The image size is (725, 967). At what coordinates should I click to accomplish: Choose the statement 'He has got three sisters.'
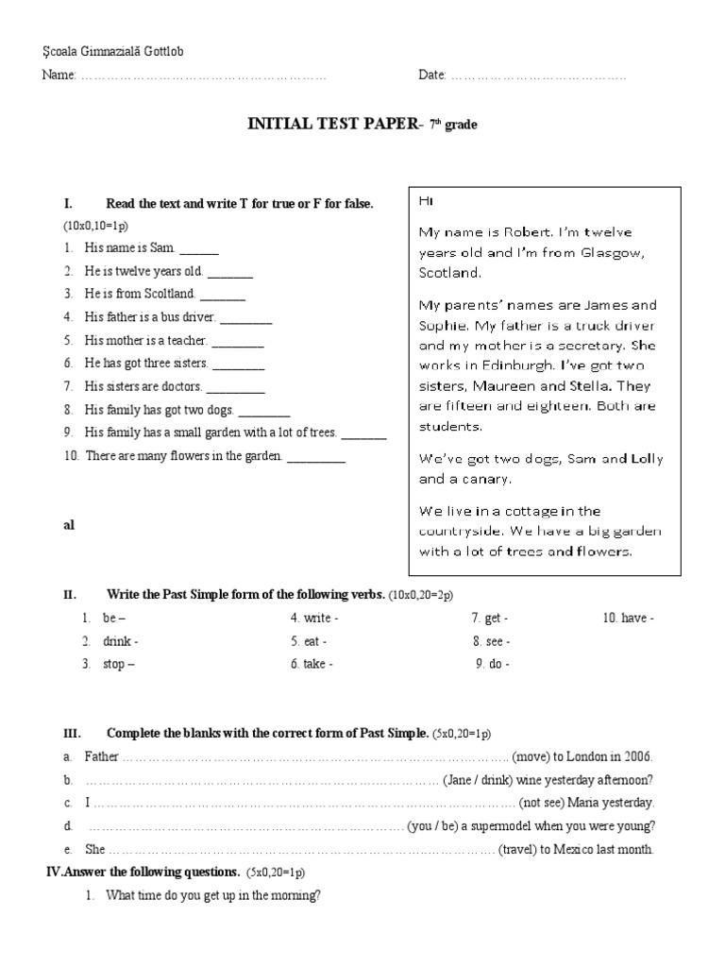pos(146,364)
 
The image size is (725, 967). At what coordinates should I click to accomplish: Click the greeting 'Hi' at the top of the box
pos(426,201)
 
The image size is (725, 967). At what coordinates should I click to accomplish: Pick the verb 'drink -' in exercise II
pos(120,641)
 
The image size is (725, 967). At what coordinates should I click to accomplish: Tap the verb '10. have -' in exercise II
pos(629,619)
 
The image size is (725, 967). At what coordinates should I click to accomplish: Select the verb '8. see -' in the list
pos(491,641)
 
